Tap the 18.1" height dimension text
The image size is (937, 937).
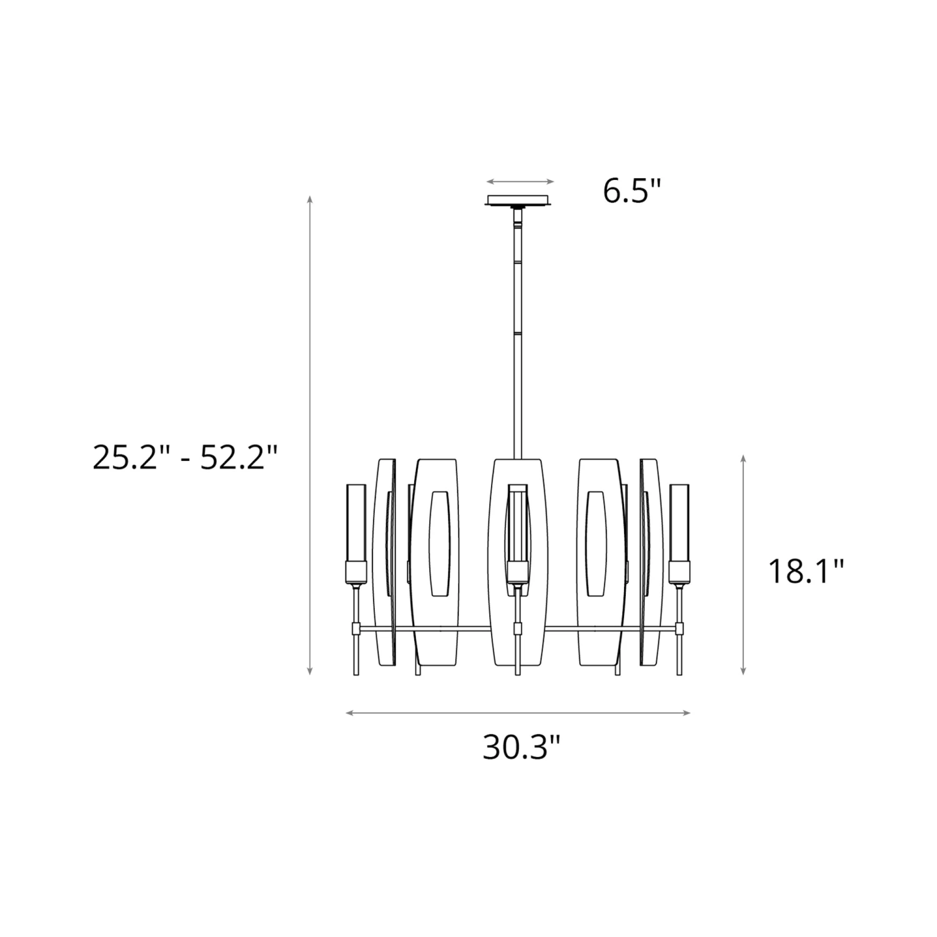tap(806, 571)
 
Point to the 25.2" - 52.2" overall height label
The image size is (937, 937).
tap(184, 457)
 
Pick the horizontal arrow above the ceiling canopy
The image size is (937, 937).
tap(520, 182)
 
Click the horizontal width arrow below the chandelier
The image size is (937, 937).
tap(518, 713)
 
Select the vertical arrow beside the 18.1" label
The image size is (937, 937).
tap(743, 565)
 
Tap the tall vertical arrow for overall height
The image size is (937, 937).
tap(310, 435)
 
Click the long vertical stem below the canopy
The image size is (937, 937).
tap(518, 337)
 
